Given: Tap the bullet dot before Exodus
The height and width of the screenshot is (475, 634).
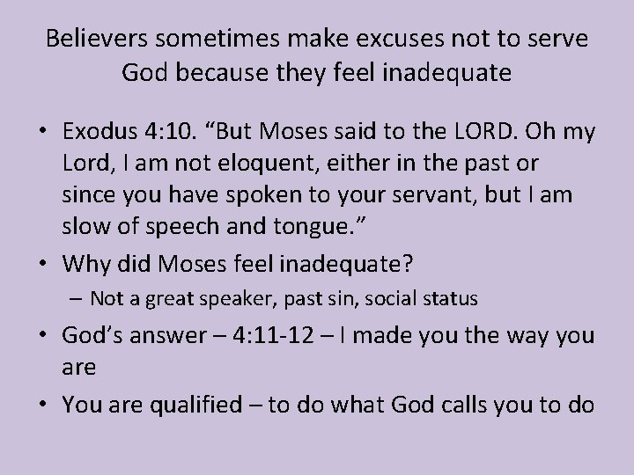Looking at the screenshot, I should click(43, 133).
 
